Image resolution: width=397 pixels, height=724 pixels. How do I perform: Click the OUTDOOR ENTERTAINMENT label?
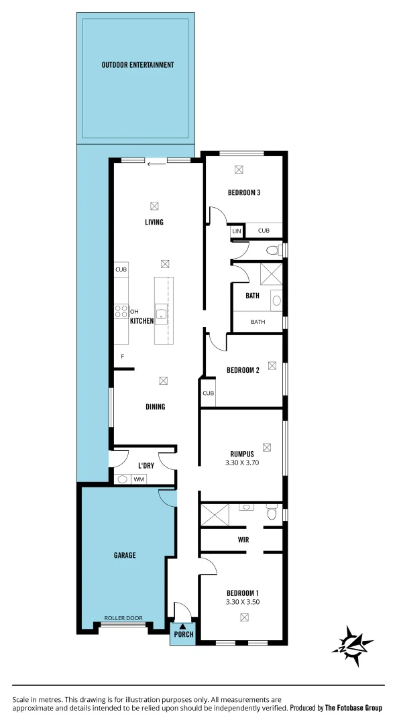click(137, 65)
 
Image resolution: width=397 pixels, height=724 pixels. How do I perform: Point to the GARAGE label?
click(125, 555)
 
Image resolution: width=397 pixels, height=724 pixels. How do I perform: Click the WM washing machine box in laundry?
click(139, 479)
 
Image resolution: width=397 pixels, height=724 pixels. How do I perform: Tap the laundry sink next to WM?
click(123, 479)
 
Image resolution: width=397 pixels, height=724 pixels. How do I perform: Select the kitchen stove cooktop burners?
click(121, 311)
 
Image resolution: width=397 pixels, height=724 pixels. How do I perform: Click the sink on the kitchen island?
click(161, 312)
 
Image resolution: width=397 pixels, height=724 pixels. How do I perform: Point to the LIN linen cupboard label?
click(236, 231)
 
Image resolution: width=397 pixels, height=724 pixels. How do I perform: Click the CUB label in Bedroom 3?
click(264, 231)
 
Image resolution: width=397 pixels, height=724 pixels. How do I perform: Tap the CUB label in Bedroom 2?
click(208, 394)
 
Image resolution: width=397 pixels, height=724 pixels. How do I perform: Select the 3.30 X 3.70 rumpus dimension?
click(240, 463)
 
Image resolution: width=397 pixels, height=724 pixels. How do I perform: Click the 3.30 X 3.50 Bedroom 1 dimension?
click(242, 602)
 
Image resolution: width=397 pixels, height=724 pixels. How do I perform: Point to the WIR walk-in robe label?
click(243, 539)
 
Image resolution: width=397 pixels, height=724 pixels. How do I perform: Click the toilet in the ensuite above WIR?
click(272, 513)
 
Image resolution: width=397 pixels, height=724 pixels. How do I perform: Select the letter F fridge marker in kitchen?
click(122, 356)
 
